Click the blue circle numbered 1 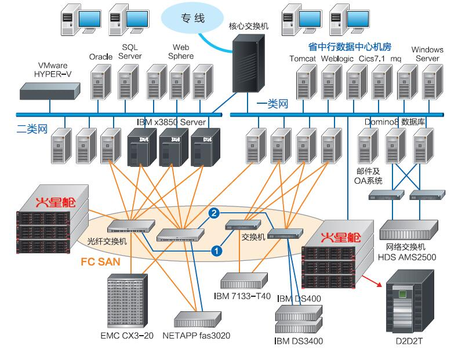pos(216,250)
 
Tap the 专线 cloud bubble pos(191,19)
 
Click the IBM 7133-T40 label pos(242,297)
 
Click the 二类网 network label pos(31,129)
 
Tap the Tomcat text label pos(302,59)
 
